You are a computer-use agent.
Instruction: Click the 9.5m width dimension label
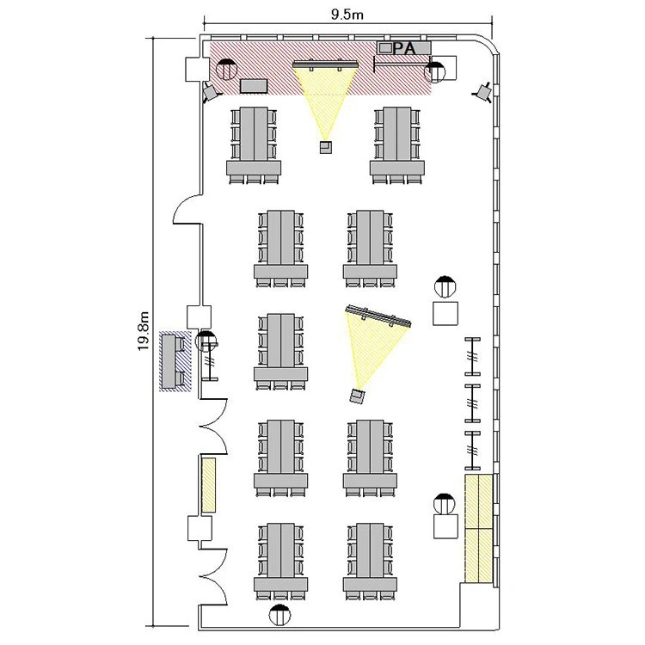pyautogui.click(x=347, y=15)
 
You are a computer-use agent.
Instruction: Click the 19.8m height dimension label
pyautogui.click(x=143, y=331)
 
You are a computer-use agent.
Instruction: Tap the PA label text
pyautogui.click(x=404, y=48)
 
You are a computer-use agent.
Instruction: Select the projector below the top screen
pyautogui.click(x=326, y=147)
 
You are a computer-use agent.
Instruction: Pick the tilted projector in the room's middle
pyautogui.click(x=358, y=396)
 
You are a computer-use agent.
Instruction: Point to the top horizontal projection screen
pyautogui.click(x=325, y=64)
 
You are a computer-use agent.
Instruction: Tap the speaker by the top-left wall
pyautogui.click(x=212, y=92)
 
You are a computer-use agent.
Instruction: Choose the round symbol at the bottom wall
pyautogui.click(x=279, y=616)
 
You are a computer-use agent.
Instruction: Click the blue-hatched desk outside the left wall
pyautogui.click(x=175, y=361)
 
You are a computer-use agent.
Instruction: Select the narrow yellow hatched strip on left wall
pyautogui.click(x=209, y=485)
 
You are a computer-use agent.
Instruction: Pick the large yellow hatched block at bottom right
pyautogui.click(x=479, y=529)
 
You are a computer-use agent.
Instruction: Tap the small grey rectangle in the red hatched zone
pyautogui.click(x=254, y=86)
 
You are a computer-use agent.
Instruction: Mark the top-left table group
pyautogui.click(x=254, y=145)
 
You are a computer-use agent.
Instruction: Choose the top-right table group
pyautogui.click(x=397, y=145)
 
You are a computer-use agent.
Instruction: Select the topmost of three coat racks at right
pyautogui.click(x=473, y=356)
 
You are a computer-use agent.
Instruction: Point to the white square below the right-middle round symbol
pyautogui.click(x=445, y=313)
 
